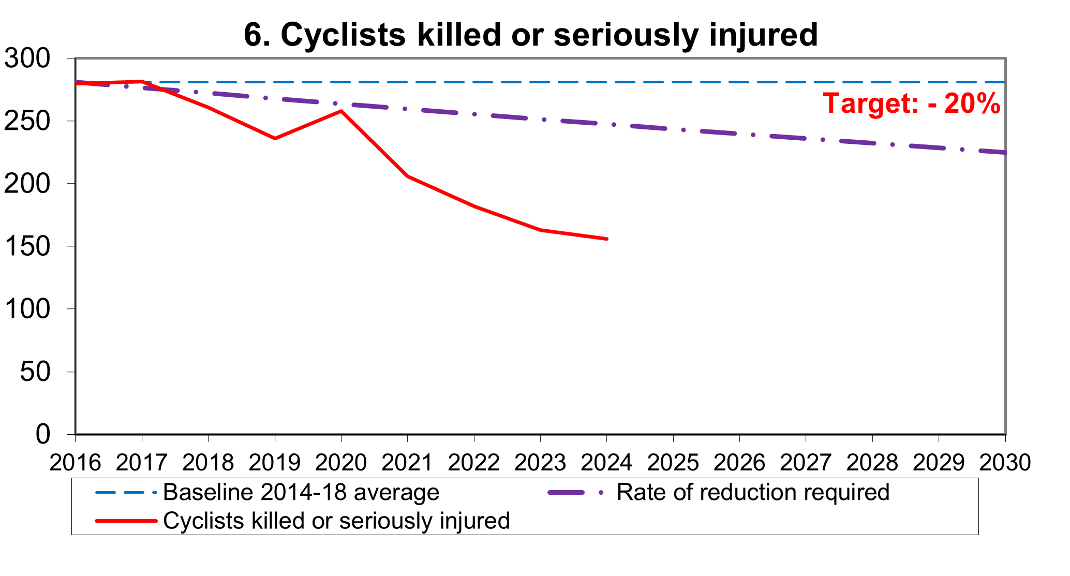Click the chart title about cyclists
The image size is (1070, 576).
tap(530, 35)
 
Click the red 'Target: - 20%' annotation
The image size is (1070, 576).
tap(912, 104)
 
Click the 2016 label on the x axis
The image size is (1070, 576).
tap(76, 462)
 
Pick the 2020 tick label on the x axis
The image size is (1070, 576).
tap(341, 462)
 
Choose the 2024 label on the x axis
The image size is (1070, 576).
tap(606, 462)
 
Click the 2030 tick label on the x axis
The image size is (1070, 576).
tap(1005, 462)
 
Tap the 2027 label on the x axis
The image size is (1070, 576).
tap(806, 462)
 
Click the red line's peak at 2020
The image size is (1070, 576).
tap(341, 111)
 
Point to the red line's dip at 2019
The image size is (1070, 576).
tap(275, 138)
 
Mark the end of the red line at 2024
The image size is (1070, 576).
tap(606, 239)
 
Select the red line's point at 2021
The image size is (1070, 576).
tap(408, 176)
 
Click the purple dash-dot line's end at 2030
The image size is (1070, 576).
tap(1004, 153)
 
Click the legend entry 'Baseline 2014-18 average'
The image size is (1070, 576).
tap(301, 492)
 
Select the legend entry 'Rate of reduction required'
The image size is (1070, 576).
tap(753, 492)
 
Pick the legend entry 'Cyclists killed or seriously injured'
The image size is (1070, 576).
tap(336, 521)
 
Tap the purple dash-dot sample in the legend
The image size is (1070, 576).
tap(574, 493)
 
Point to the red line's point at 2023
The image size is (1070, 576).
tap(540, 230)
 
